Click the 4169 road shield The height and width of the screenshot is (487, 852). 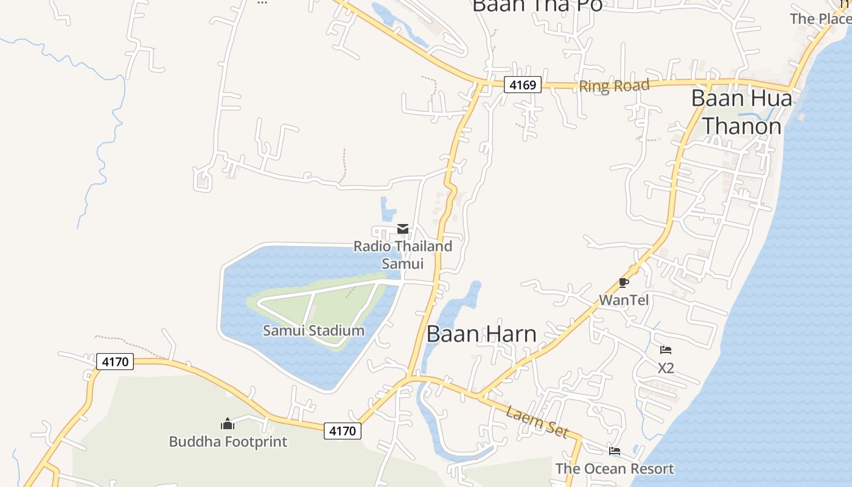(523, 85)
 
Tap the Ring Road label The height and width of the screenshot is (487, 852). (614, 86)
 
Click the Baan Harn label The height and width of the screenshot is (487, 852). (481, 334)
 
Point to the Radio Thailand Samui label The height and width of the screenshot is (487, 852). (403, 254)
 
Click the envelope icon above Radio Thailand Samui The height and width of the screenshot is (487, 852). (403, 229)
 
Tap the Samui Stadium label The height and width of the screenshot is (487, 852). (313, 331)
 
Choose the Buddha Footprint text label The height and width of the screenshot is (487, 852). (228, 441)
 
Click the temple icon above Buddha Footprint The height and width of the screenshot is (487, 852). (228, 424)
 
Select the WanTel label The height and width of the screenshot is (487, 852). (624, 300)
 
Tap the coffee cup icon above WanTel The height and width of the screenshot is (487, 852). (623, 282)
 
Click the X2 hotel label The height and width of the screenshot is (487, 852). (666, 368)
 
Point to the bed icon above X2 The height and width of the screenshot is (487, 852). (666, 350)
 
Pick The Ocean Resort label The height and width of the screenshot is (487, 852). (615, 469)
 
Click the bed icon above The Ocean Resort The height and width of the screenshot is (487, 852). (615, 451)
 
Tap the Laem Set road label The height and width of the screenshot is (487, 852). (537, 421)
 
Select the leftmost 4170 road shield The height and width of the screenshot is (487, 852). (115, 362)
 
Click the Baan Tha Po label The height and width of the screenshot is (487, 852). (537, 5)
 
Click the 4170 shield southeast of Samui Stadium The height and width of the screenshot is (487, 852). (342, 431)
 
